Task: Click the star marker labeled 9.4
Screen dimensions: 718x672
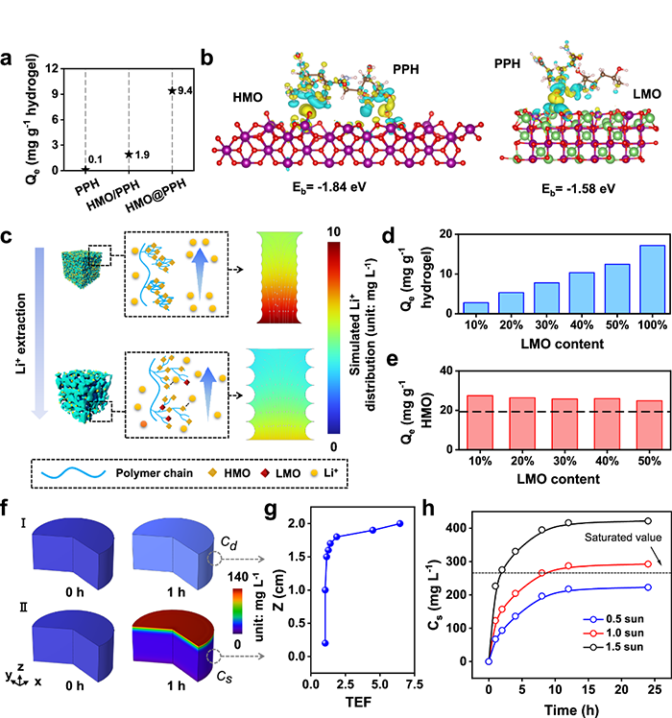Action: (x=172, y=90)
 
